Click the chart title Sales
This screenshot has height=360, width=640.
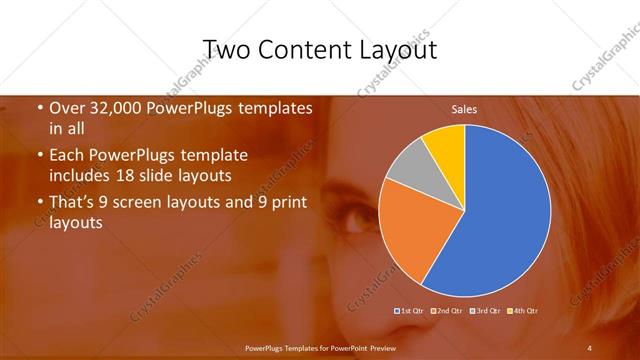(464, 108)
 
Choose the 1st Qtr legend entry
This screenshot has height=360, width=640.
(410, 311)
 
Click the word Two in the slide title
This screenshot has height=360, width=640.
(226, 49)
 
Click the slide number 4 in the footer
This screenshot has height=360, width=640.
(590, 347)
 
